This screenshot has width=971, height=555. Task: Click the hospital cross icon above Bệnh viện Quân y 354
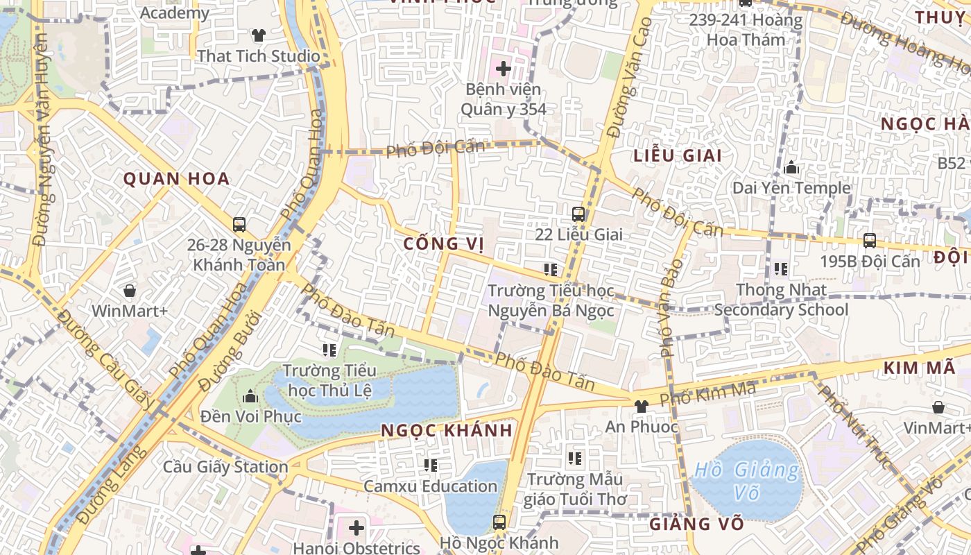[x=504, y=69]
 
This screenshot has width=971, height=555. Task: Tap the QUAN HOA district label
[x=176, y=179]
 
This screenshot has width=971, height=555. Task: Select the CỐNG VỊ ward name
[x=443, y=244]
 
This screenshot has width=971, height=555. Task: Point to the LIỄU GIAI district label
[x=678, y=155]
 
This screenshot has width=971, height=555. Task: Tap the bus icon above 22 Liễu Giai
[x=578, y=214]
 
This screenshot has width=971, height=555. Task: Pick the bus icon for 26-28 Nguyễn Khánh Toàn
[x=239, y=224]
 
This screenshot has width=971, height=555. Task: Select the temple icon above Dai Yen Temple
[x=791, y=167]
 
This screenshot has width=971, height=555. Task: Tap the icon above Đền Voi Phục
[x=250, y=396]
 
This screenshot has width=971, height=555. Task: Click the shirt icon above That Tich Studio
[x=259, y=35]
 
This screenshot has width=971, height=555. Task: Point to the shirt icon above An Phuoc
[x=642, y=406]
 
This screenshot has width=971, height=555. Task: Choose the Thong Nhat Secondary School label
[x=781, y=300]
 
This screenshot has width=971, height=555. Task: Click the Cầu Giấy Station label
[x=225, y=467]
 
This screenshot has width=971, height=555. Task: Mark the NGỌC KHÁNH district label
[x=447, y=430]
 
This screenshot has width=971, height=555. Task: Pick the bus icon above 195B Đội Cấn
[x=870, y=241]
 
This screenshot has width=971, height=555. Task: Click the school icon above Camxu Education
[x=431, y=465]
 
